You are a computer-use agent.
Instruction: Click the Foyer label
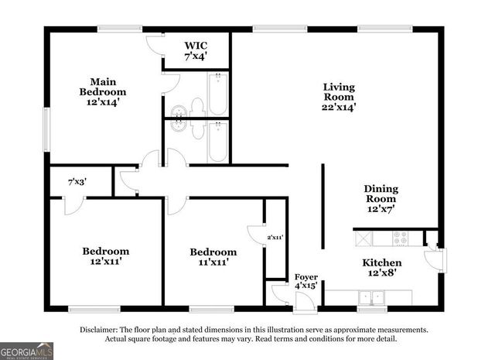click(302, 276)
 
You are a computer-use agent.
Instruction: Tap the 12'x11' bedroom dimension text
click(106, 263)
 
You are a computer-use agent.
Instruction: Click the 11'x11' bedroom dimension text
click(213, 263)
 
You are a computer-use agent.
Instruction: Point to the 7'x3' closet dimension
click(77, 182)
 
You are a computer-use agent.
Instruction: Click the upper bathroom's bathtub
click(217, 94)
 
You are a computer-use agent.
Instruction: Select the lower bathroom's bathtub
click(217, 141)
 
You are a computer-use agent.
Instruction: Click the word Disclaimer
click(101, 330)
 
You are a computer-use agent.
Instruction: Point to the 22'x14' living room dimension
click(339, 108)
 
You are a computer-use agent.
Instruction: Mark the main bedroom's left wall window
click(46, 130)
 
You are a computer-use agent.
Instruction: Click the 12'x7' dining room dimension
click(381, 209)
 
